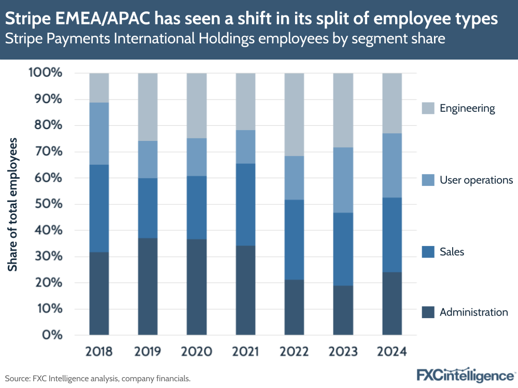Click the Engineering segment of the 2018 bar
pos(99,88)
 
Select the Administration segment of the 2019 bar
pos(148,286)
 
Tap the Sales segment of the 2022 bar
pos(295,239)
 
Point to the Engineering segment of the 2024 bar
pos(392,103)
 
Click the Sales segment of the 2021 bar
pos(246,204)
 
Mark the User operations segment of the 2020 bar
pos(197,157)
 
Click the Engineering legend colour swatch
pos(427,108)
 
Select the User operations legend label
pos(476,180)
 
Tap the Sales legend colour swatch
pos(427,252)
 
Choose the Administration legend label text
pos(474,312)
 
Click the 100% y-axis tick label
pos(46,73)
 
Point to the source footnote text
pos(98,379)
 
